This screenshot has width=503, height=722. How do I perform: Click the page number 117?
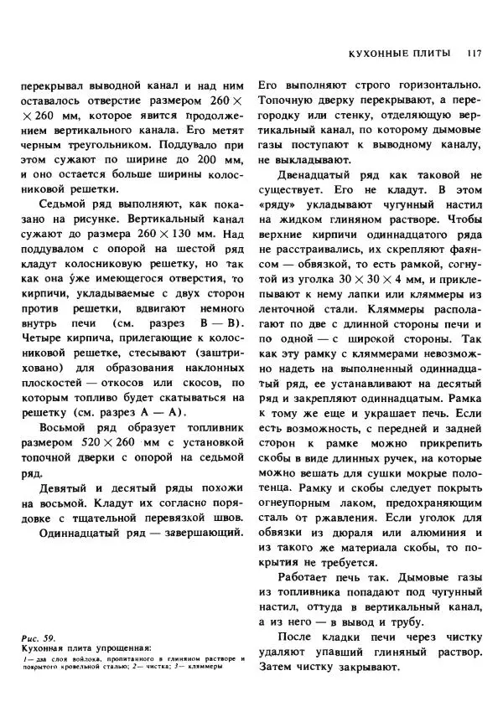click(474, 53)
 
